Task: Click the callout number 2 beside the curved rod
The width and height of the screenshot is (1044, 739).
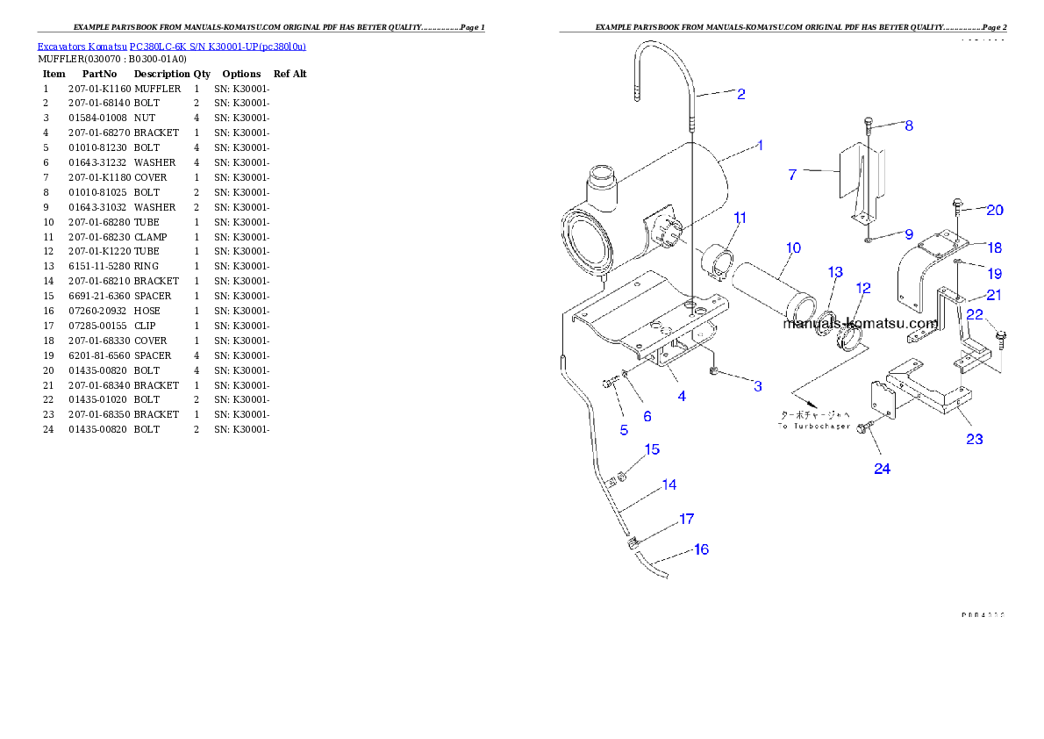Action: [741, 94]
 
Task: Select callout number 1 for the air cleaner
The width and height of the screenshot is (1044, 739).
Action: [760, 146]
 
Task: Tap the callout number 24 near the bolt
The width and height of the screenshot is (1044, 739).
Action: [882, 469]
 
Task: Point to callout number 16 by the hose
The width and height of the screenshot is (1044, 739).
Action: [701, 549]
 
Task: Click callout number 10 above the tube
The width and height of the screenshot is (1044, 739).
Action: [792, 248]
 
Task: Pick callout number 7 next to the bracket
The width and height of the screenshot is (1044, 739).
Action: [792, 175]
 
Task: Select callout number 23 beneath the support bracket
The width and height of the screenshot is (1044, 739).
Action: [974, 439]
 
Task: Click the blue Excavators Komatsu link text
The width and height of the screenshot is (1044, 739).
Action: [171, 47]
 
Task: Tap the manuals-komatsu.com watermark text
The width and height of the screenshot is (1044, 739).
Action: [860, 323]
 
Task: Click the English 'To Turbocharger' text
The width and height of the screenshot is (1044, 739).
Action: [815, 426]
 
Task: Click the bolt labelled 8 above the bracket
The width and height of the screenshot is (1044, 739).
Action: [868, 122]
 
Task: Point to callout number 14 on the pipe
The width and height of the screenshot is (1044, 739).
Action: [669, 484]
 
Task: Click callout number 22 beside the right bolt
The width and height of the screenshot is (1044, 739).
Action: [975, 314]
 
